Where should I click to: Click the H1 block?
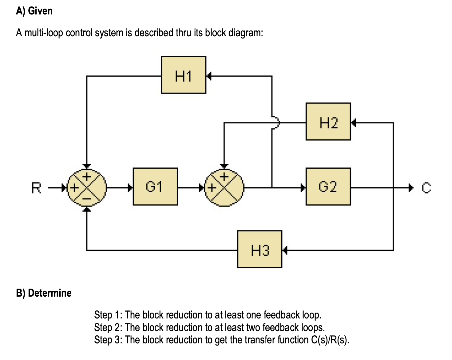coord(184,75)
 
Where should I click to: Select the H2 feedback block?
coord(328,122)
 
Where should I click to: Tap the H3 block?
coord(260,249)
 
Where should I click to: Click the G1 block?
coord(155,187)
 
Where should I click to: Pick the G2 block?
coord(328,187)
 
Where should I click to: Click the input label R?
coord(36,188)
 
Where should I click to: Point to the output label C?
coord(426,188)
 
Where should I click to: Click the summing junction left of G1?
coord(87,188)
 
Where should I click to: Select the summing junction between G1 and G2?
coord(224,188)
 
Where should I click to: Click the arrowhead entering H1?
coord(209,76)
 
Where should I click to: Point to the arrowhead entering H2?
coord(354,122)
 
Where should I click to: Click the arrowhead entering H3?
coord(285,250)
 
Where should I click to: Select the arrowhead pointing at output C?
coord(411,188)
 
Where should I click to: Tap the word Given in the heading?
coord(40,11)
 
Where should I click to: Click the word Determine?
coord(50,293)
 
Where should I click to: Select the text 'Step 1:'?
coord(108,315)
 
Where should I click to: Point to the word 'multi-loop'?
coord(43,33)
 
